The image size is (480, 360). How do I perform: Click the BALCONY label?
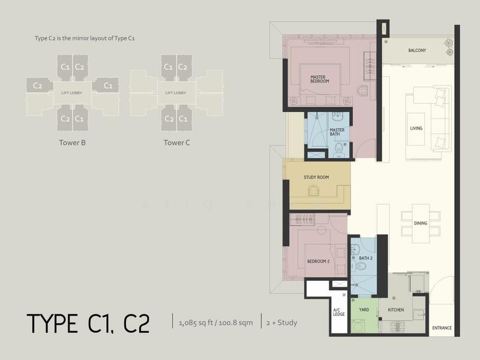[x=417, y=50]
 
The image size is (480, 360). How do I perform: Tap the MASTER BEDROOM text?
[x=319, y=80]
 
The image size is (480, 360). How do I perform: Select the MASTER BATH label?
[x=337, y=131]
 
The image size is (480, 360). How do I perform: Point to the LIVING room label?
[x=416, y=128]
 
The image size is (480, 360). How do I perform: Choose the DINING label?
[x=420, y=224]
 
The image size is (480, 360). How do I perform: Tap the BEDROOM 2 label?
[x=319, y=262]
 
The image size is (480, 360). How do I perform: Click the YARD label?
[x=364, y=310]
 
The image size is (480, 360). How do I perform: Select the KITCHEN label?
[x=395, y=310]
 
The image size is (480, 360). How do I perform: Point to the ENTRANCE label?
[x=442, y=328]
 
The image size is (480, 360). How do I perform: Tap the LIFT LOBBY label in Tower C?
[x=176, y=93]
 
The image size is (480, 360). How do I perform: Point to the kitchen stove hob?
[x=398, y=327]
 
